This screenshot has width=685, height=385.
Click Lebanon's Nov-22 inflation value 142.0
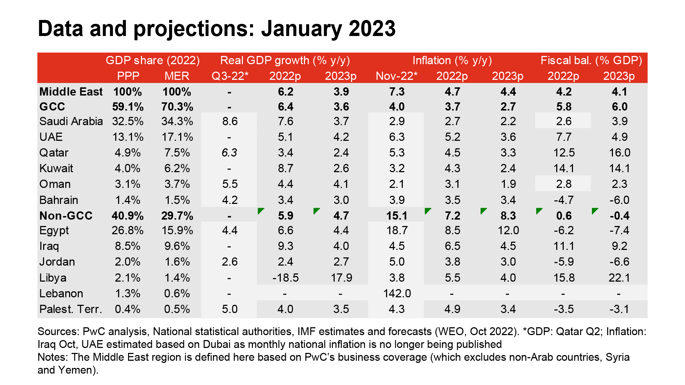point(397,293)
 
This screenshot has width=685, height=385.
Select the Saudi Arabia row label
point(71,121)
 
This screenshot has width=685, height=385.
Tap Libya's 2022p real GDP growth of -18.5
point(285,278)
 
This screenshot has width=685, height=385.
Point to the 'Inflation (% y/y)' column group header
point(452,60)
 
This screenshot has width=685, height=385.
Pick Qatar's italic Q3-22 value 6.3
point(229,153)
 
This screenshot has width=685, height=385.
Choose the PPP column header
point(128,76)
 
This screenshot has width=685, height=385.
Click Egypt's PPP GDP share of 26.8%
point(127,230)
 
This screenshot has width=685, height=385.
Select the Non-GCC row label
point(66,216)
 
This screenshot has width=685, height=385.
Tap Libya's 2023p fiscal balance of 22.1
point(619,278)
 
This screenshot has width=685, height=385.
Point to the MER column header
point(177,76)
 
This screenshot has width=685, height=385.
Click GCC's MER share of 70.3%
point(177,107)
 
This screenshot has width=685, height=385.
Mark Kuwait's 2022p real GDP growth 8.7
point(285,168)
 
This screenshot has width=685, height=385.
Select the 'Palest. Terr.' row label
point(71,309)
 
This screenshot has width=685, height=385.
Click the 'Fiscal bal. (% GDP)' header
point(591,60)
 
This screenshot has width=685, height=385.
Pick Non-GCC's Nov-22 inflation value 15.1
point(397,216)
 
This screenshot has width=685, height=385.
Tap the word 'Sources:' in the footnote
point(58,332)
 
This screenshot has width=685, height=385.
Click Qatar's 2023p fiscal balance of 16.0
point(619,153)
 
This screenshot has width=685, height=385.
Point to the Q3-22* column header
point(230,76)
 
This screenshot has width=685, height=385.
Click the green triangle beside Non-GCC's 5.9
point(261,211)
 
